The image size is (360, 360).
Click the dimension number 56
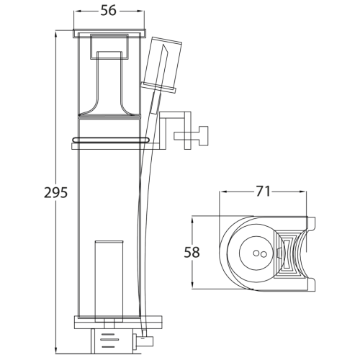(x=109, y=11)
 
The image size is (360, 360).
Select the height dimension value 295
(x=56, y=193)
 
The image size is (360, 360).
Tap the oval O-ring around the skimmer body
(x=110, y=139)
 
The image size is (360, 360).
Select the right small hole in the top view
(x=264, y=254)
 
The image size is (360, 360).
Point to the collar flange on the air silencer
(x=160, y=87)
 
